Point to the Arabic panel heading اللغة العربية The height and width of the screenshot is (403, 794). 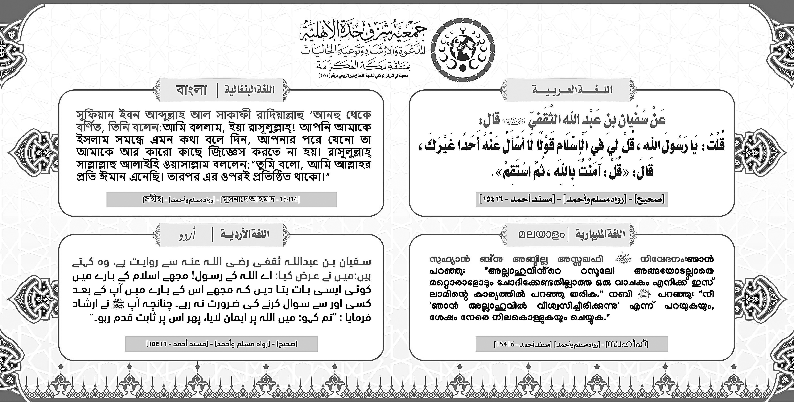[x=572, y=90]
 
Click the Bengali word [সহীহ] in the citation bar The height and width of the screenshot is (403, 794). [x=153, y=199]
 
